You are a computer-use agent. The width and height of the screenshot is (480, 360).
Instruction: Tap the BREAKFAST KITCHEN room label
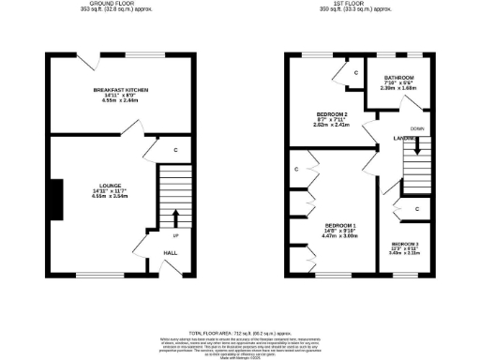click(122, 89)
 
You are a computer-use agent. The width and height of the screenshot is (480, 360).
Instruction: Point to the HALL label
click(170, 253)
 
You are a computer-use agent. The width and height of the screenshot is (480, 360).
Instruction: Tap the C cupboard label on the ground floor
click(176, 149)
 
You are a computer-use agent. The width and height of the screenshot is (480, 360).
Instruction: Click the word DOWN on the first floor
click(418, 127)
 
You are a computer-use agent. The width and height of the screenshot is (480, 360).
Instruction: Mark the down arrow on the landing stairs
click(418, 147)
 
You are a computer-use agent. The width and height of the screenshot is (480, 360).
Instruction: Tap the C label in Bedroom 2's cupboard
click(357, 71)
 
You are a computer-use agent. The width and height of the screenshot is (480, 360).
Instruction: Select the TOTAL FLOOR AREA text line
click(240, 334)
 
